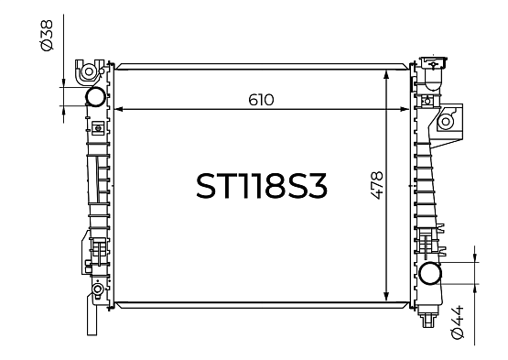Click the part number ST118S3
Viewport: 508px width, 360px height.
click(x=262, y=186)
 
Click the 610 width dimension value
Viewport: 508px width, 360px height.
click(x=261, y=100)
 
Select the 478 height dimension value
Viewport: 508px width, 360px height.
click(x=377, y=185)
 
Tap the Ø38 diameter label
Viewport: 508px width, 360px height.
click(x=47, y=36)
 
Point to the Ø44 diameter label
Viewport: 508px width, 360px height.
click(x=457, y=322)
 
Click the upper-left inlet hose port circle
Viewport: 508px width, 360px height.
click(x=95, y=97)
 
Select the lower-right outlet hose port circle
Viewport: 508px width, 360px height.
click(x=430, y=273)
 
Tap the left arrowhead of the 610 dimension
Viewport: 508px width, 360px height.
click(x=119, y=109)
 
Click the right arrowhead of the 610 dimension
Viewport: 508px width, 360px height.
click(x=405, y=109)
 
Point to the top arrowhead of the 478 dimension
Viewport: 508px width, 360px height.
click(x=386, y=74)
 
